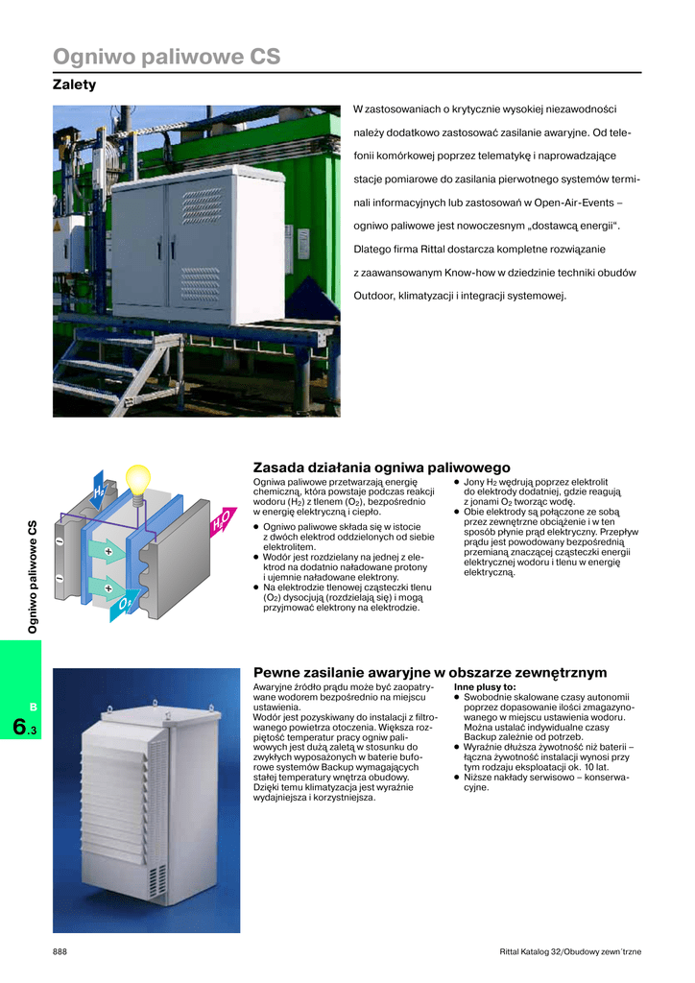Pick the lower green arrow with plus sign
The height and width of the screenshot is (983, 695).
(105, 587)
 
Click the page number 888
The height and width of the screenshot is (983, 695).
(60, 951)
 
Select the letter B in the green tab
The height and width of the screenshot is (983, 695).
(32, 707)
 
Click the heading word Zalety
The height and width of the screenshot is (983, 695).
(74, 84)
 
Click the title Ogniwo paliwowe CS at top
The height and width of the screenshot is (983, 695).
(166, 58)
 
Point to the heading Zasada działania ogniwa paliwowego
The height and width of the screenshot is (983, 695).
(381, 468)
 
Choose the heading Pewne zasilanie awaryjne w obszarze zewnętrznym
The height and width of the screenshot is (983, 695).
(429, 673)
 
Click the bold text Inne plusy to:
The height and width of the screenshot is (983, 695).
(485, 687)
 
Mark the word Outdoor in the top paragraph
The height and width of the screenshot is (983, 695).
(373, 295)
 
